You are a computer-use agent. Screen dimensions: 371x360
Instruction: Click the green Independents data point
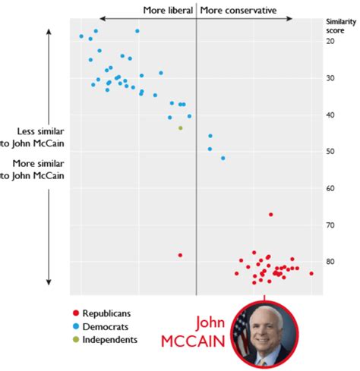click(181, 127)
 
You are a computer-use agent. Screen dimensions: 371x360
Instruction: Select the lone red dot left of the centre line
click(180, 255)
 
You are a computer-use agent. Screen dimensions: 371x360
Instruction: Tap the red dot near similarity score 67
click(271, 215)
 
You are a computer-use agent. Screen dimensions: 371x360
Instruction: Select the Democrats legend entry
click(103, 325)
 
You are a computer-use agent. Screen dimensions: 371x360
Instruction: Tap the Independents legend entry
click(108, 339)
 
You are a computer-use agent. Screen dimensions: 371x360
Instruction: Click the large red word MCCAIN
click(194, 341)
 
